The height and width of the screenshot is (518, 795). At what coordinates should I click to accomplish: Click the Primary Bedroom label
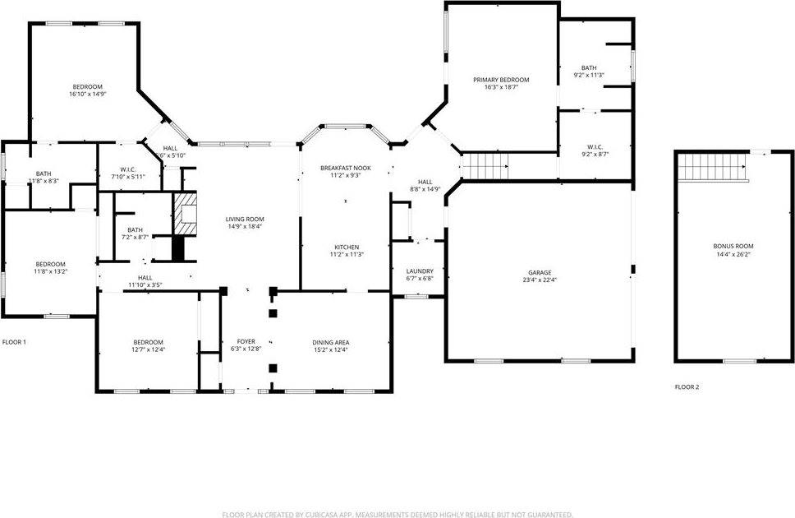click(501, 80)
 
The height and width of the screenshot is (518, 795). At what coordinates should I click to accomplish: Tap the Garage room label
click(540, 272)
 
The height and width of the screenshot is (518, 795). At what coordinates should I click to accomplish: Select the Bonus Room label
click(733, 246)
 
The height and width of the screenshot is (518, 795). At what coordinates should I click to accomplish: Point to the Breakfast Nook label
click(345, 168)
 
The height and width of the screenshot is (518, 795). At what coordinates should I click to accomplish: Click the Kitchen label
click(345, 247)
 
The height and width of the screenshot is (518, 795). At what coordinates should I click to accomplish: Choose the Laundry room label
click(420, 271)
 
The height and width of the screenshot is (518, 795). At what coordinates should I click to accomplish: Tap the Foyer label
click(246, 341)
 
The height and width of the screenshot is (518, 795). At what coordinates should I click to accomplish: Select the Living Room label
click(245, 219)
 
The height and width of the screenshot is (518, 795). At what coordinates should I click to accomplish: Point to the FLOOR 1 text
click(15, 341)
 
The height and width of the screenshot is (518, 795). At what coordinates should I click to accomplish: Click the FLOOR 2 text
click(687, 386)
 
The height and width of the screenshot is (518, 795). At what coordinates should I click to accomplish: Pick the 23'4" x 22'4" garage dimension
click(540, 280)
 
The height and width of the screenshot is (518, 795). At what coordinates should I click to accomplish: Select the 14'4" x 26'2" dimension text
click(733, 254)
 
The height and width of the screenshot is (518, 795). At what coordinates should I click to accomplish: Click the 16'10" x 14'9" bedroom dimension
click(88, 95)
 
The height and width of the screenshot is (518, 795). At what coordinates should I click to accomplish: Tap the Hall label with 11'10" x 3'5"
click(145, 284)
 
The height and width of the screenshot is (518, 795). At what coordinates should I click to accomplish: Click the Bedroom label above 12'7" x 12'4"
click(149, 342)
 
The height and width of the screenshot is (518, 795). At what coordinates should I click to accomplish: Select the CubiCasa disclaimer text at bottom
click(397, 515)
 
